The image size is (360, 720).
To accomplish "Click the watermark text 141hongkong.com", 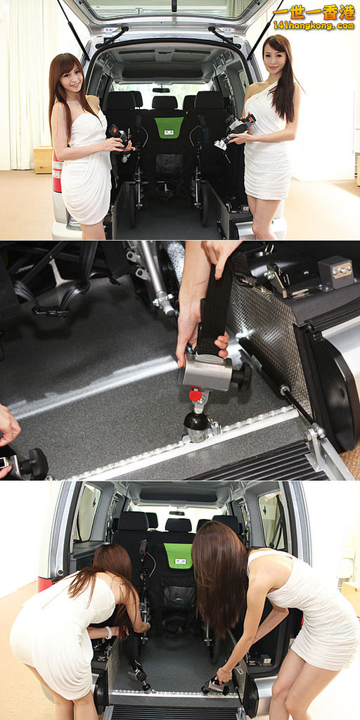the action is pyautogui.click(x=314, y=25).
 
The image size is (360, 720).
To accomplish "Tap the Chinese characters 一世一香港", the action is pyautogui.click(x=314, y=12).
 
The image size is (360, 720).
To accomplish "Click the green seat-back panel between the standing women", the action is pyautogui.click(x=169, y=127).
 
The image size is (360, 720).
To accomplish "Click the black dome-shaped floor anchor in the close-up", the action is pyautogui.click(x=197, y=422).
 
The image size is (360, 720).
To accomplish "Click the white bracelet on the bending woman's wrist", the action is pyautogui.click(x=109, y=632).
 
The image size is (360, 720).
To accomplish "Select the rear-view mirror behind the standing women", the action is pyautogui.click(x=161, y=90).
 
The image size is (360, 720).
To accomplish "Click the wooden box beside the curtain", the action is pyautogui.click(x=43, y=160).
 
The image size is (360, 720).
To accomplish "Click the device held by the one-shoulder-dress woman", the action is pyautogui.click(x=236, y=131).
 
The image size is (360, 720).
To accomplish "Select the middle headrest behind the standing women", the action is pyautogui.click(x=165, y=103).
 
